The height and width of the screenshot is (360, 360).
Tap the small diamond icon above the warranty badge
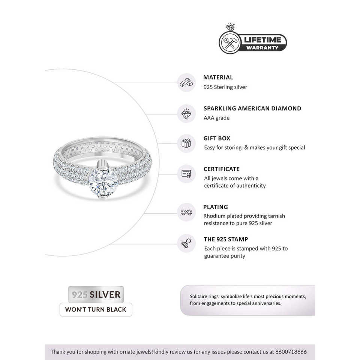(x=230, y=28)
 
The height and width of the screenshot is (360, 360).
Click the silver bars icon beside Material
(x=186, y=82)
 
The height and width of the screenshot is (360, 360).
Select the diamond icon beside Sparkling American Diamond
(x=186, y=113)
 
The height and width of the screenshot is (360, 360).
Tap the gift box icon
(x=186, y=143)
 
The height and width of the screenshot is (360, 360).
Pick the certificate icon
(x=186, y=174)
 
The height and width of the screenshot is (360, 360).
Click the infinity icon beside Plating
(x=186, y=212)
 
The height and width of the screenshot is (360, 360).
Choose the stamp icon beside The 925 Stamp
(x=186, y=244)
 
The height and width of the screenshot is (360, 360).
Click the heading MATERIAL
(x=218, y=78)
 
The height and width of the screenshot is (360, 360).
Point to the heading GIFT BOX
(x=217, y=138)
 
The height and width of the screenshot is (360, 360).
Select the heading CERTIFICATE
(x=221, y=169)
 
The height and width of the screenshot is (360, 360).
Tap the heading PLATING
(x=216, y=207)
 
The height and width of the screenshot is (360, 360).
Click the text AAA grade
(x=216, y=118)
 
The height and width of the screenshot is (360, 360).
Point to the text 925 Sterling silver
(x=225, y=87)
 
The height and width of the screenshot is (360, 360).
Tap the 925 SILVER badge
(x=96, y=294)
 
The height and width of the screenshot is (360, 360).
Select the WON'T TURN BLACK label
(x=96, y=310)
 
